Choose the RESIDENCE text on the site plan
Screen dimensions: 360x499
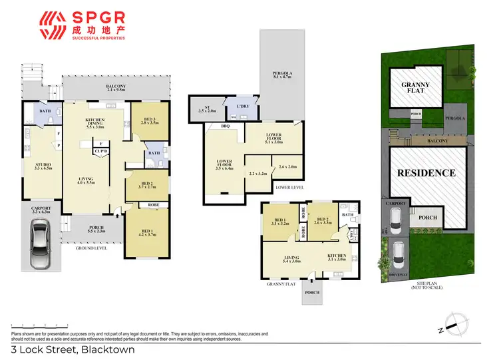pos(426,173)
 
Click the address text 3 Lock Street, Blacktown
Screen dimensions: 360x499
pos(73,349)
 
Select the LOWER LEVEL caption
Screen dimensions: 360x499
pos(289,188)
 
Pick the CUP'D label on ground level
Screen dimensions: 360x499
pos(101,151)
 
